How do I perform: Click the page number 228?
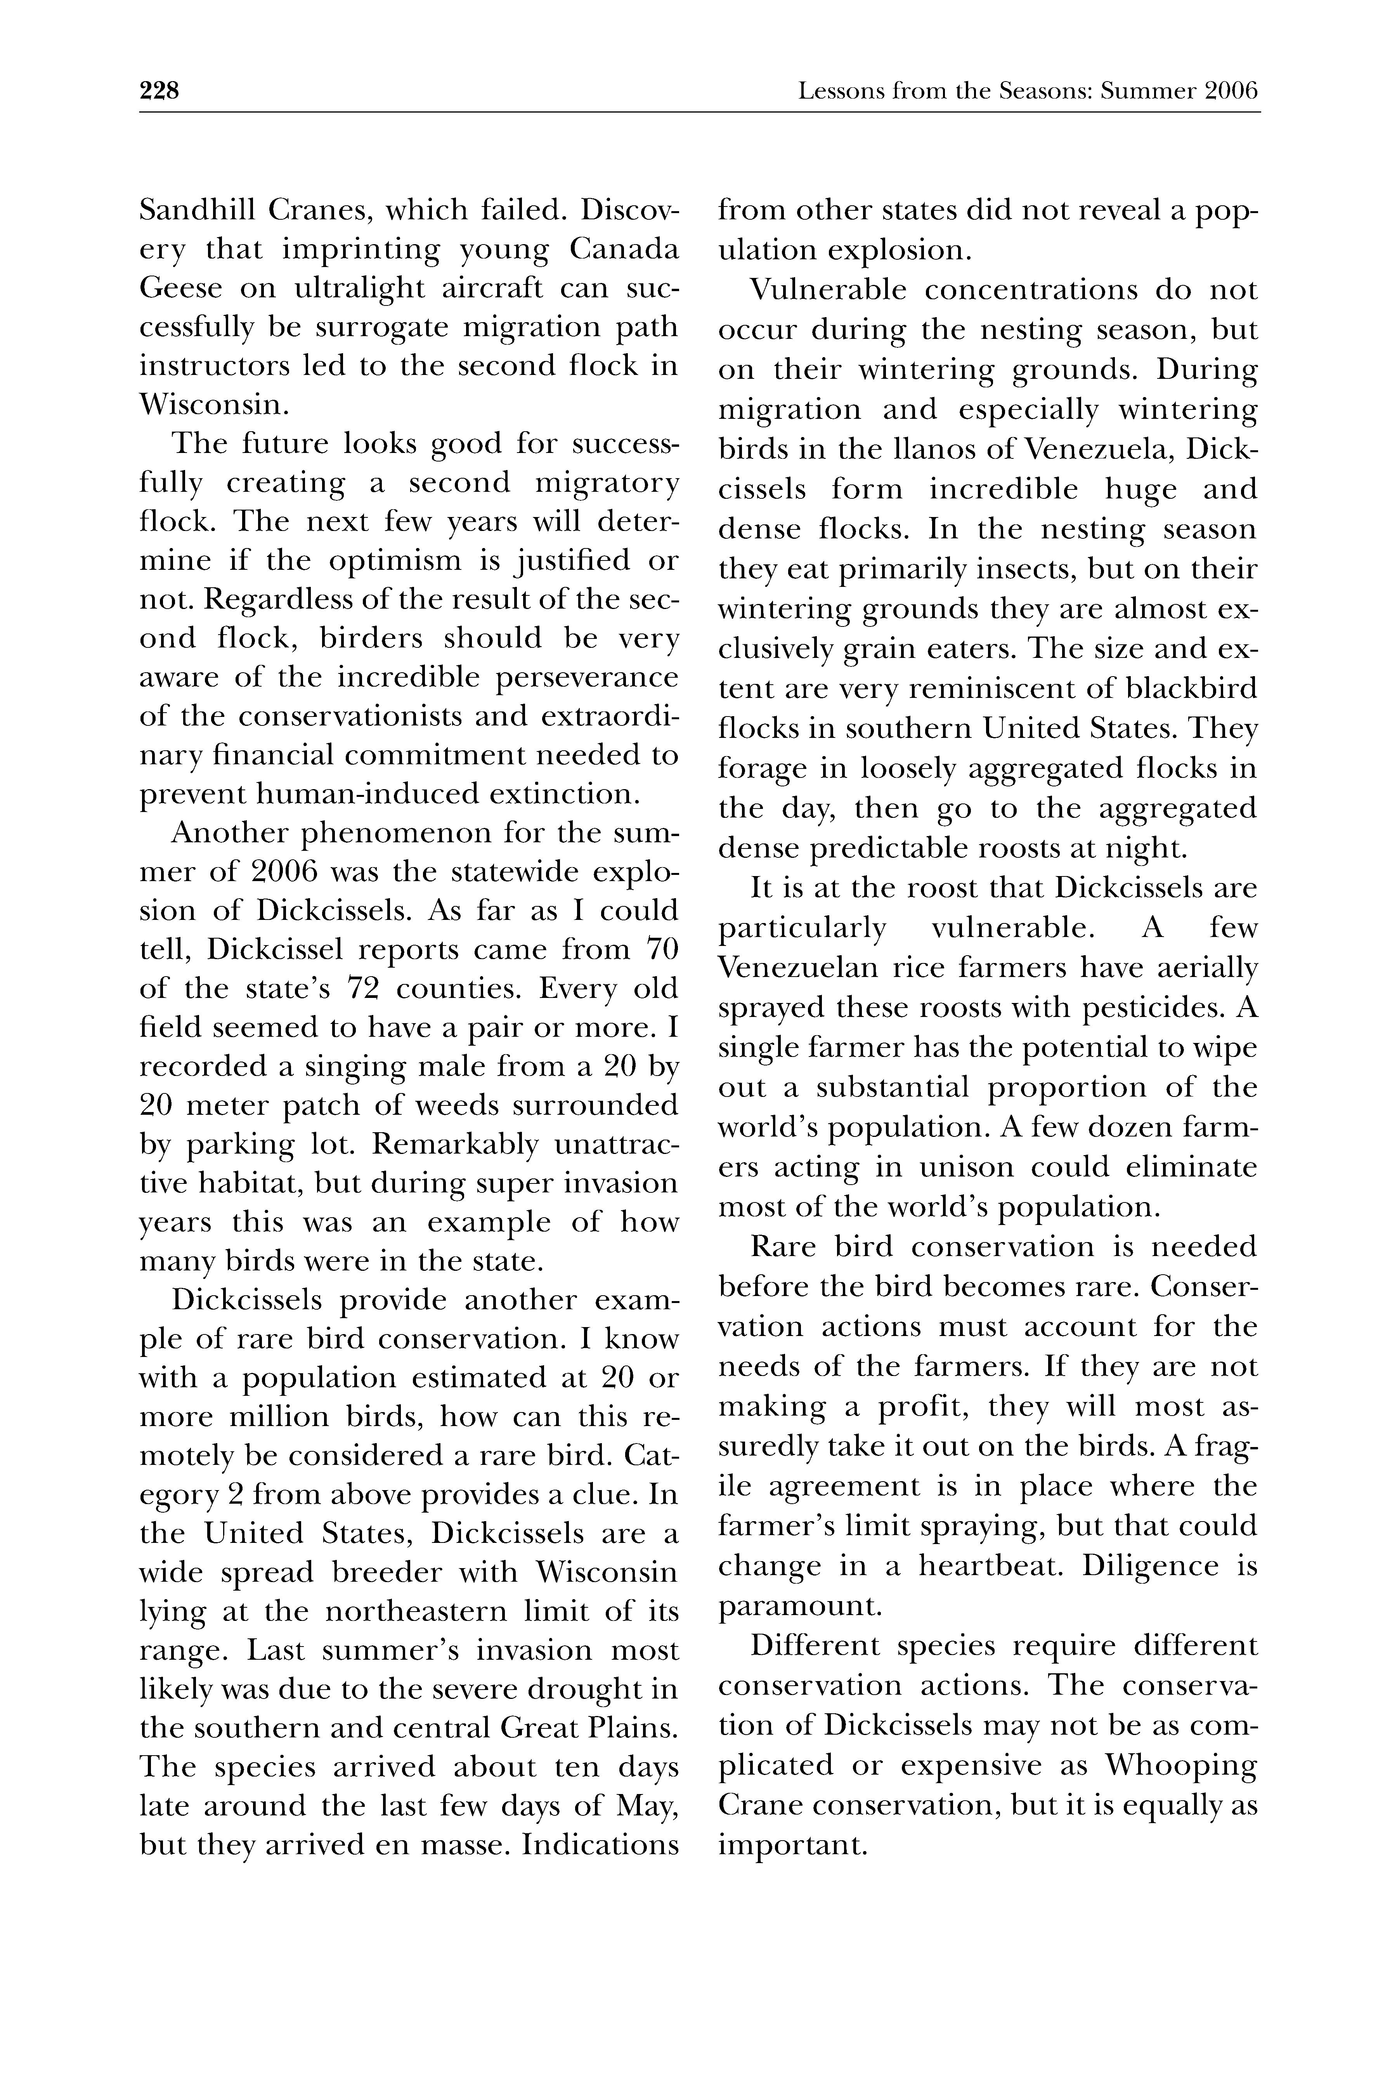tap(159, 91)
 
